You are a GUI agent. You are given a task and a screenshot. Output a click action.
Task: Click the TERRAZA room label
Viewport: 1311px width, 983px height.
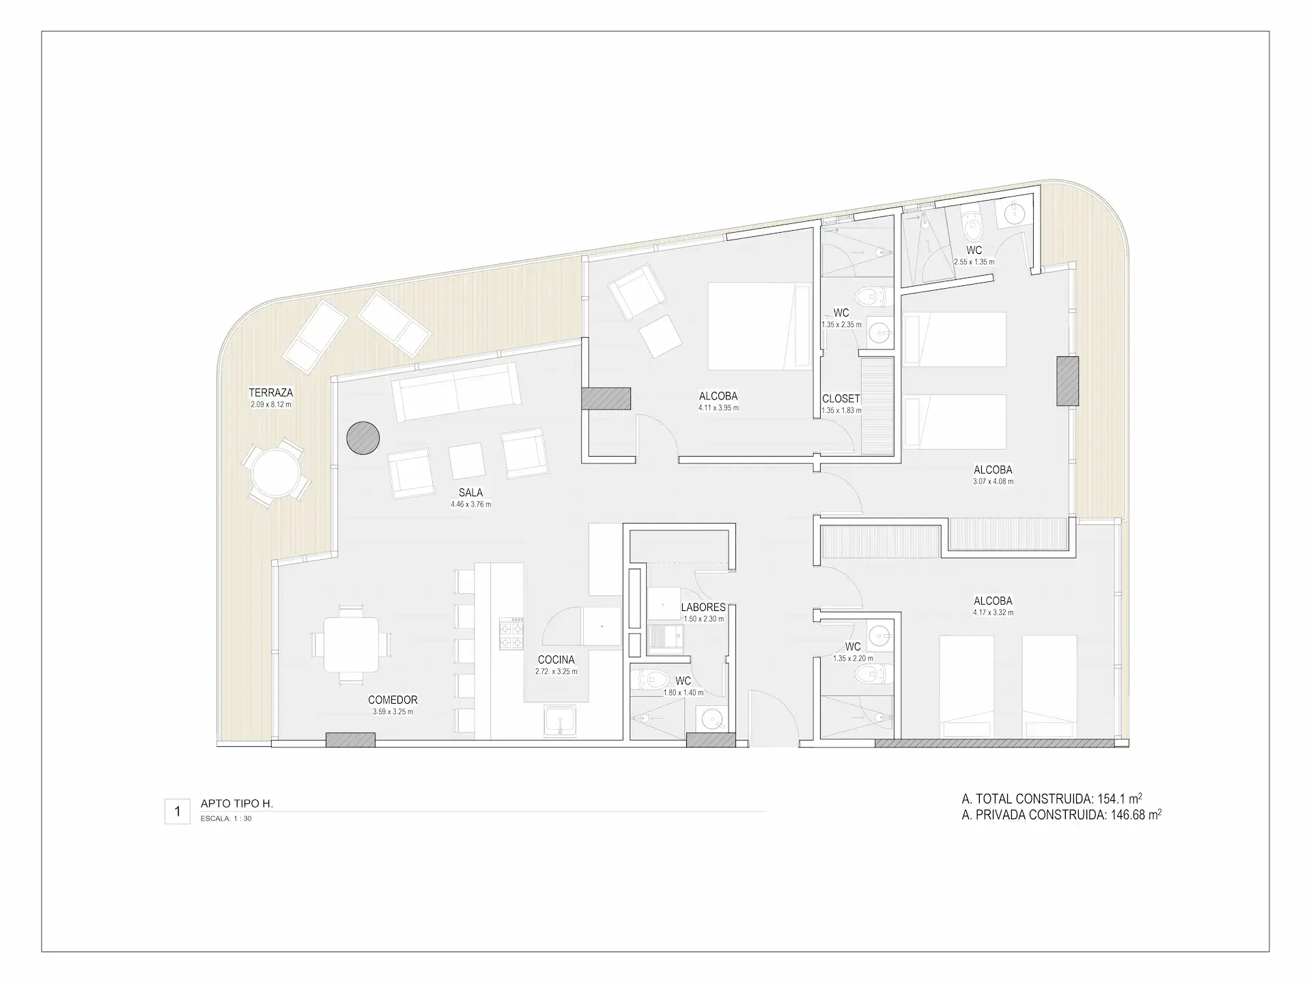pyautogui.click(x=271, y=393)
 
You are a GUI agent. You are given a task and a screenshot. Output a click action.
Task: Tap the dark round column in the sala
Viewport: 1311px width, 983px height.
pyautogui.click(x=363, y=438)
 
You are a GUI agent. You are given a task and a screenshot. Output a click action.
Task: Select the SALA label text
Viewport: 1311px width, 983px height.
pyautogui.click(x=471, y=492)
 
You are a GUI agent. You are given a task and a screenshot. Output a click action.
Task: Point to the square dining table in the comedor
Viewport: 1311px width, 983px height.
pyautogui.click(x=352, y=644)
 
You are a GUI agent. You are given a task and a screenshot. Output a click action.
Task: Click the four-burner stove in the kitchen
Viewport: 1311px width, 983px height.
pyautogui.click(x=512, y=633)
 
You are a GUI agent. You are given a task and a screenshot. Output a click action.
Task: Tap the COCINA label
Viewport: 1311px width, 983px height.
pyautogui.click(x=556, y=659)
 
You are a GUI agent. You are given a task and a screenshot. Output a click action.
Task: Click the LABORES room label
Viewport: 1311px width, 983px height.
pyautogui.click(x=703, y=608)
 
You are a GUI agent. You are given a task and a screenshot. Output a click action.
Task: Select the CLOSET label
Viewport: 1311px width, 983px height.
pyautogui.click(x=841, y=399)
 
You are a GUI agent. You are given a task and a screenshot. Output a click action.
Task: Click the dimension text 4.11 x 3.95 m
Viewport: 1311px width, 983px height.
pyautogui.click(x=718, y=408)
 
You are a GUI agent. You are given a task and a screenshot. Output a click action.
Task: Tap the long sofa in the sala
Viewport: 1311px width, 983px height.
pyautogui.click(x=454, y=393)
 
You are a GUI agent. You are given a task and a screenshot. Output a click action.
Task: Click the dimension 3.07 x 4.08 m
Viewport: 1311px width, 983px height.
pyautogui.click(x=993, y=481)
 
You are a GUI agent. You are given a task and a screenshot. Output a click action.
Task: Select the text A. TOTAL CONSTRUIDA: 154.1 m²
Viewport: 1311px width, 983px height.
pyautogui.click(x=1052, y=799)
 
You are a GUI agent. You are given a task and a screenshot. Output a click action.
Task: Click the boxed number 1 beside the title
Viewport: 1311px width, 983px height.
pyautogui.click(x=178, y=812)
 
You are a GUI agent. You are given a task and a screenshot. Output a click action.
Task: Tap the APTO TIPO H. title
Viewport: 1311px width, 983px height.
pyautogui.click(x=237, y=804)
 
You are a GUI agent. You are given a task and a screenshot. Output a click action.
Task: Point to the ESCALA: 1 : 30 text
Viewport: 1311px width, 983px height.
pyautogui.click(x=226, y=818)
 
